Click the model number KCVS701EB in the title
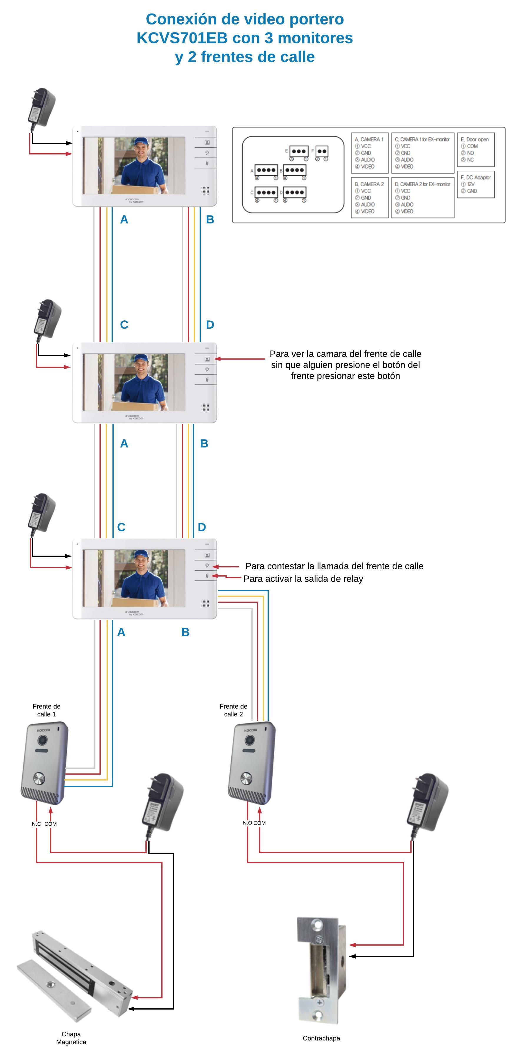182,38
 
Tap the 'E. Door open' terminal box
475,149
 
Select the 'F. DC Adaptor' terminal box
475,184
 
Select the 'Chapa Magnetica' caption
71,1038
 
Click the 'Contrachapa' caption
321,1038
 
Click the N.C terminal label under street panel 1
37,824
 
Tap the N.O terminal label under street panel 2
247,823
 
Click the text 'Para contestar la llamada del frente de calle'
334,566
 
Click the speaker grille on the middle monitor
205,407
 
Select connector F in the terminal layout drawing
322,152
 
